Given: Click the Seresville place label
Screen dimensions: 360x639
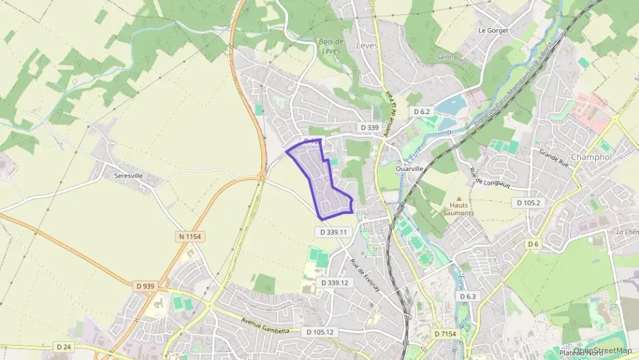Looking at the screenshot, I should [129, 176].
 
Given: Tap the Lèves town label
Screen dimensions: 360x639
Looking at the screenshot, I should [367, 45].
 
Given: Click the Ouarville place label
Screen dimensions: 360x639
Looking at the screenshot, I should [410, 168].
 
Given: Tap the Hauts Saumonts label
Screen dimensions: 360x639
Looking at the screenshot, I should [461, 208].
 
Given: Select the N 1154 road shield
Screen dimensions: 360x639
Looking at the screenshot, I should [190, 236].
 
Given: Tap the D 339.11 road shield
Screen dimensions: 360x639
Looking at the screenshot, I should [334, 232].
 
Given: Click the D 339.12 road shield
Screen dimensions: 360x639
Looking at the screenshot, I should [335, 283].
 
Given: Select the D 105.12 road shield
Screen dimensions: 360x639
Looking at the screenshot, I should [317, 333].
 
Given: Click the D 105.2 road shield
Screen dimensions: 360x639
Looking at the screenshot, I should [528, 203].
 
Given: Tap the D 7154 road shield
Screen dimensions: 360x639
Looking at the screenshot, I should [445, 333].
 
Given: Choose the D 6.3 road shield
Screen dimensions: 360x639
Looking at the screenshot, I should [468, 296].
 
